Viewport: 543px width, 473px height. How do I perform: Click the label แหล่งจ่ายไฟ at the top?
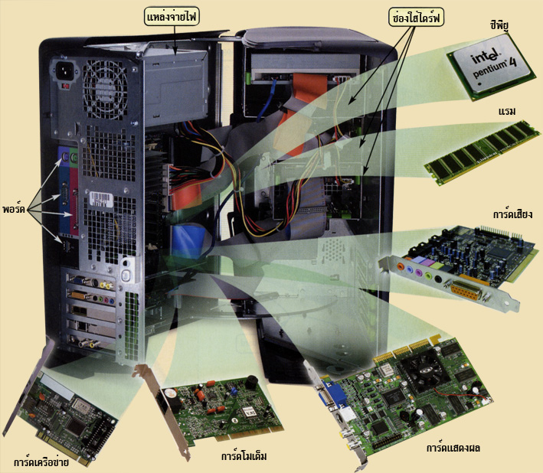pos(172,17)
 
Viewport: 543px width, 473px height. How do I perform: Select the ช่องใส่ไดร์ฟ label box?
pos(416,18)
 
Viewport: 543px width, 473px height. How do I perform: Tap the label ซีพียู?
pos(499,25)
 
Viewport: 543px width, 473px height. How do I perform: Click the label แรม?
pos(507,112)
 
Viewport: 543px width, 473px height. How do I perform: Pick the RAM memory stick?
pos(482,152)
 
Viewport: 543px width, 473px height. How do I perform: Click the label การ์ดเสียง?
pos(512,214)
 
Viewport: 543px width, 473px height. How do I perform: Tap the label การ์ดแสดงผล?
pos(453,448)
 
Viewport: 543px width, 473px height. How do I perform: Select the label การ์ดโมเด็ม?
pos(244,456)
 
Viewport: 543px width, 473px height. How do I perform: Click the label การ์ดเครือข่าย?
pos(41,462)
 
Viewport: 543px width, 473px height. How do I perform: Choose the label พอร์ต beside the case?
pos(14,210)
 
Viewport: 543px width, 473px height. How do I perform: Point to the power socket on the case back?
pos(65,71)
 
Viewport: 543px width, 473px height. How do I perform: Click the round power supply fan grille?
pos(105,90)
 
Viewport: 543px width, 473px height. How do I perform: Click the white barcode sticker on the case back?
pos(101,199)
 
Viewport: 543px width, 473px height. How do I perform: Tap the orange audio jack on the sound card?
pos(401,266)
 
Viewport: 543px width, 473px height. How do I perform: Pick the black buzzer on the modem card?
pos(252,382)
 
